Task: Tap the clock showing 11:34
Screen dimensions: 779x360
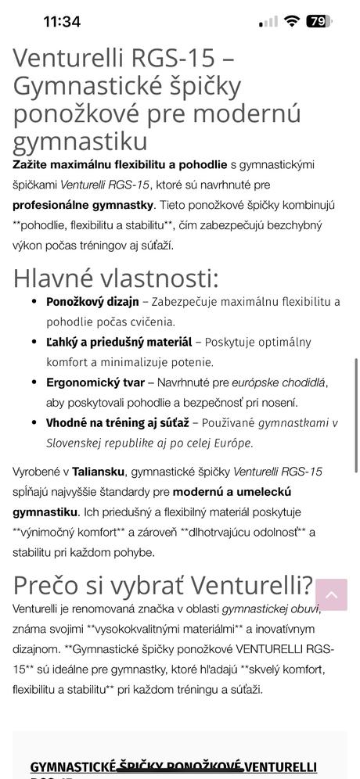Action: [x=62, y=22]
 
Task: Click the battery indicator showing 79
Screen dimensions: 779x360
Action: [x=318, y=22]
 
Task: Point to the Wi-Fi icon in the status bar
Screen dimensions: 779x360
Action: [x=291, y=22]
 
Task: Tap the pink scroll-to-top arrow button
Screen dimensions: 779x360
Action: [x=331, y=595]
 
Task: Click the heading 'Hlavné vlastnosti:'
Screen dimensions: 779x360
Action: [x=116, y=278]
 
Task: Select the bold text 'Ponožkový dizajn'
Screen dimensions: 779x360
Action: [x=92, y=302]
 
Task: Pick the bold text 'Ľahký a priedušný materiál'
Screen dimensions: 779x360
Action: [x=119, y=343]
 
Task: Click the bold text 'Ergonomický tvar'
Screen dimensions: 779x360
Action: [x=95, y=383]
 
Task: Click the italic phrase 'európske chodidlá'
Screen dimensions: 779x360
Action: [x=275, y=383]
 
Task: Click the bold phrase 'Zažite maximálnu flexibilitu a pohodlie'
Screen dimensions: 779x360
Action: [x=120, y=164]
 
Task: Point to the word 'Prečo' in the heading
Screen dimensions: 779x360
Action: [x=48, y=585]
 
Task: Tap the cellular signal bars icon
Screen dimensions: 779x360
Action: [x=268, y=22]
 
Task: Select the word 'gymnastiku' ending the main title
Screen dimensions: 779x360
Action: [x=80, y=141]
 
